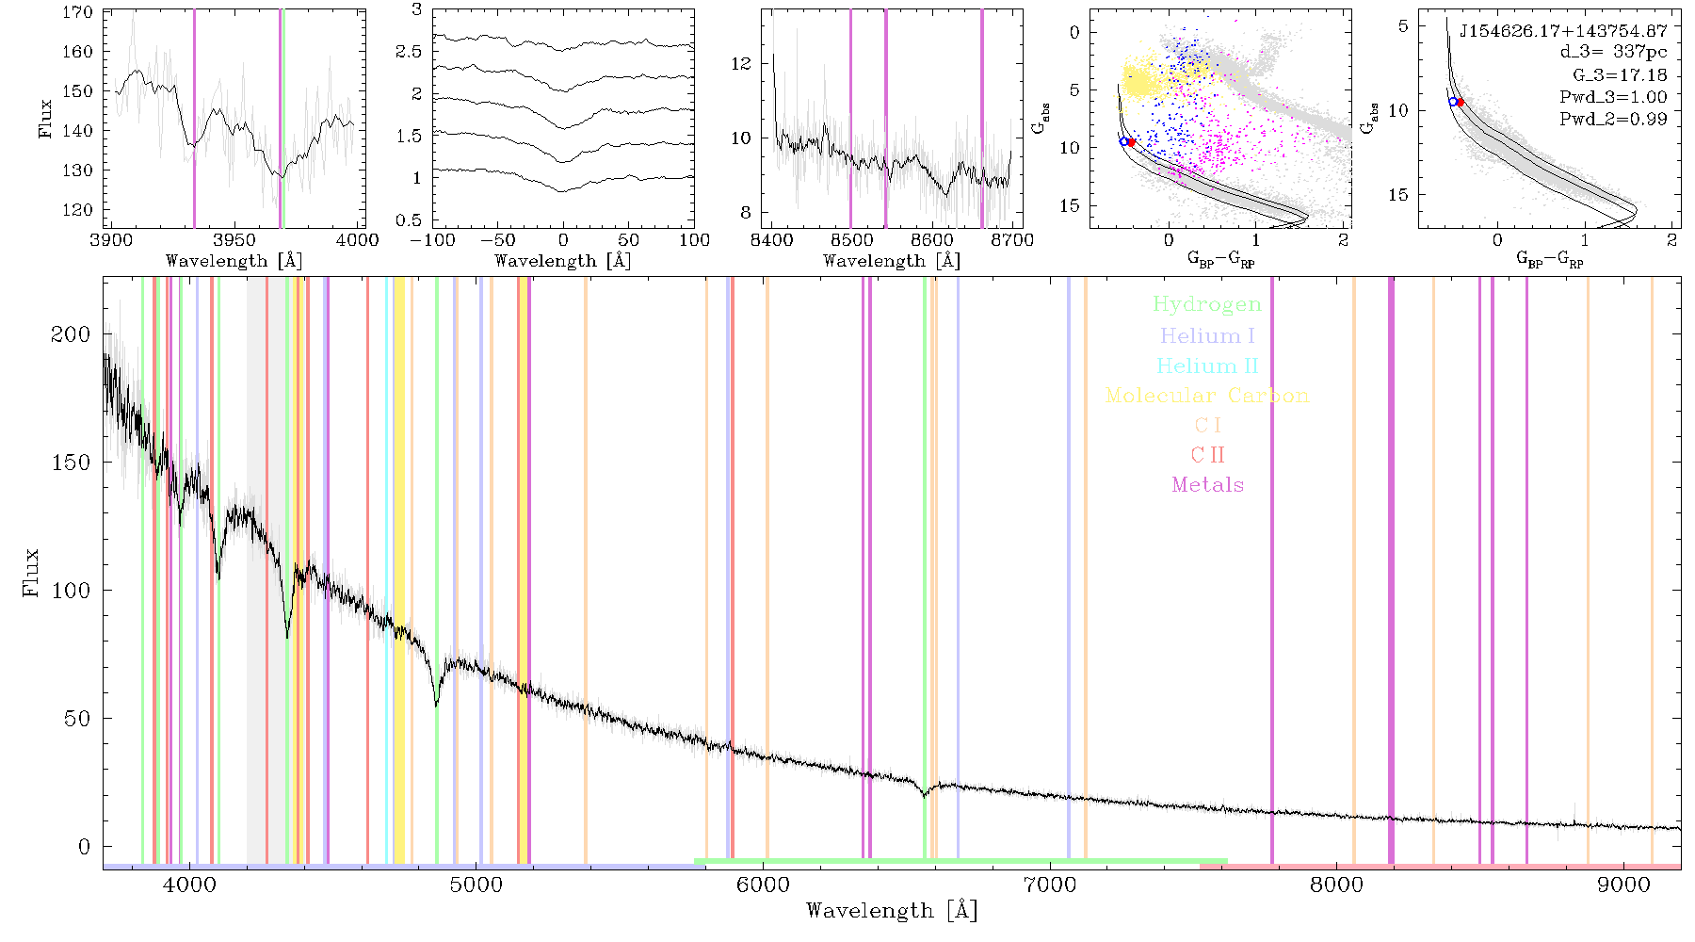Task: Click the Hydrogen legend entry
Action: pyautogui.click(x=1207, y=304)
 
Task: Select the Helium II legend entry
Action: pyautogui.click(x=1207, y=365)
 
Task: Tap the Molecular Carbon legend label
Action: pyautogui.click(x=1207, y=396)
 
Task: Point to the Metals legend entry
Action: pyautogui.click(x=1208, y=485)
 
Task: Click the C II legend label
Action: pyautogui.click(x=1208, y=455)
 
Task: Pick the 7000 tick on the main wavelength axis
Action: pyautogui.click(x=1050, y=885)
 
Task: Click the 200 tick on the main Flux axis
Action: pyautogui.click(x=71, y=334)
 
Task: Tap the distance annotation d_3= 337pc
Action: pyautogui.click(x=1613, y=53)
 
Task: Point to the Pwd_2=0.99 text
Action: pyautogui.click(x=1613, y=119)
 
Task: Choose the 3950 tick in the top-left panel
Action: pyautogui.click(x=234, y=240)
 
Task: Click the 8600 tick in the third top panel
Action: pyautogui.click(x=932, y=240)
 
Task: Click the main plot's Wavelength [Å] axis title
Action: pyautogui.click(x=892, y=911)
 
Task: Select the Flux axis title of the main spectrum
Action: pyautogui.click(x=31, y=572)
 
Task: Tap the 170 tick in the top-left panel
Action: pyautogui.click(x=78, y=12)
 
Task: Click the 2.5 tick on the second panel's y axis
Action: pyautogui.click(x=409, y=52)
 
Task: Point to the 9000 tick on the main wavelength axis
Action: pyautogui.click(x=1623, y=885)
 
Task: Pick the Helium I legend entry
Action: pyautogui.click(x=1207, y=335)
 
